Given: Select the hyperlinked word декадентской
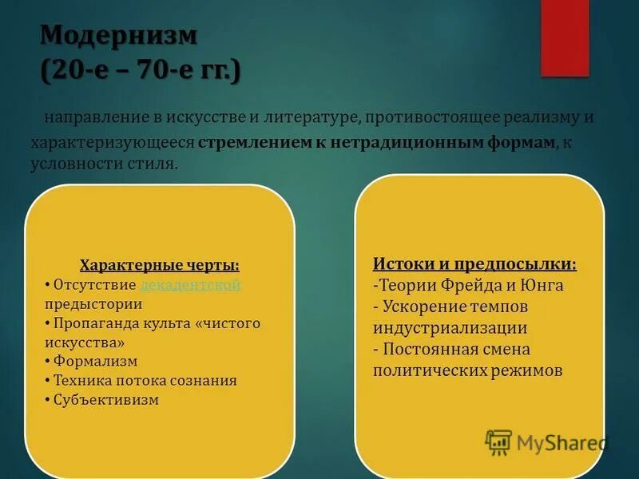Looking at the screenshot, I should pos(190,285).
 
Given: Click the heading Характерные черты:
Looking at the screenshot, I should pos(160,266).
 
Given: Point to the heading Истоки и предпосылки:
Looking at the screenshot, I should pos(474,263).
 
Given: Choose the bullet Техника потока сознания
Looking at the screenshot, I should pos(145,380).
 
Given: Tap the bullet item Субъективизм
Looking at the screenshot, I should pos(107,399).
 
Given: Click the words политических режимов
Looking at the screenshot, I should pos(467,370).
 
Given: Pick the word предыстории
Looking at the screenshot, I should pos(93,304).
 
